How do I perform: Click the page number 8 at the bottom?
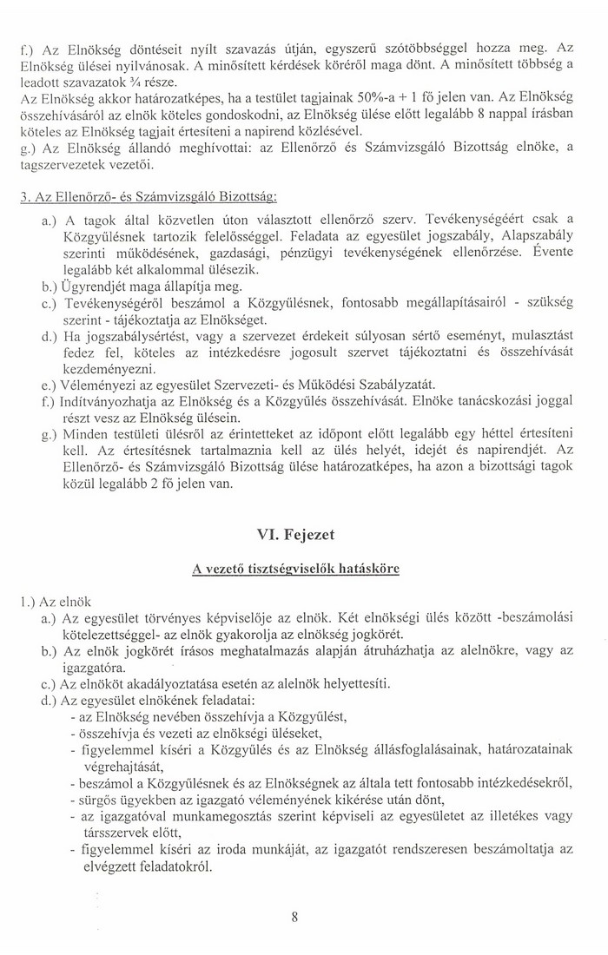coord(296,924)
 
